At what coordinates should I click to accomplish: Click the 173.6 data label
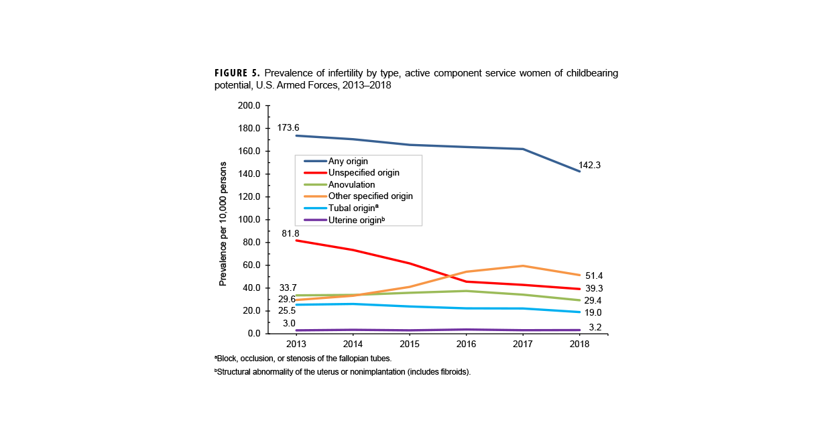pyautogui.click(x=288, y=128)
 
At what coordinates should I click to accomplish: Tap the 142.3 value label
pyautogui.click(x=589, y=166)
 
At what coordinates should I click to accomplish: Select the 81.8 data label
pyautogui.click(x=290, y=233)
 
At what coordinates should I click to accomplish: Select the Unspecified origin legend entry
pyautogui.click(x=363, y=173)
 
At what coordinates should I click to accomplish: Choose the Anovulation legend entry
pyautogui.click(x=351, y=185)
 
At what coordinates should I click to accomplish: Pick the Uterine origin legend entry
pyautogui.click(x=356, y=220)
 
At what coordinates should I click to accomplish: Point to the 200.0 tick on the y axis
pyautogui.click(x=249, y=106)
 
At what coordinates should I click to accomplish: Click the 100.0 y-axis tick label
pyautogui.click(x=249, y=220)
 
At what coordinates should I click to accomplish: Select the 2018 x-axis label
pyautogui.click(x=579, y=344)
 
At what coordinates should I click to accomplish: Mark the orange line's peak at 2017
pyautogui.click(x=523, y=266)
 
